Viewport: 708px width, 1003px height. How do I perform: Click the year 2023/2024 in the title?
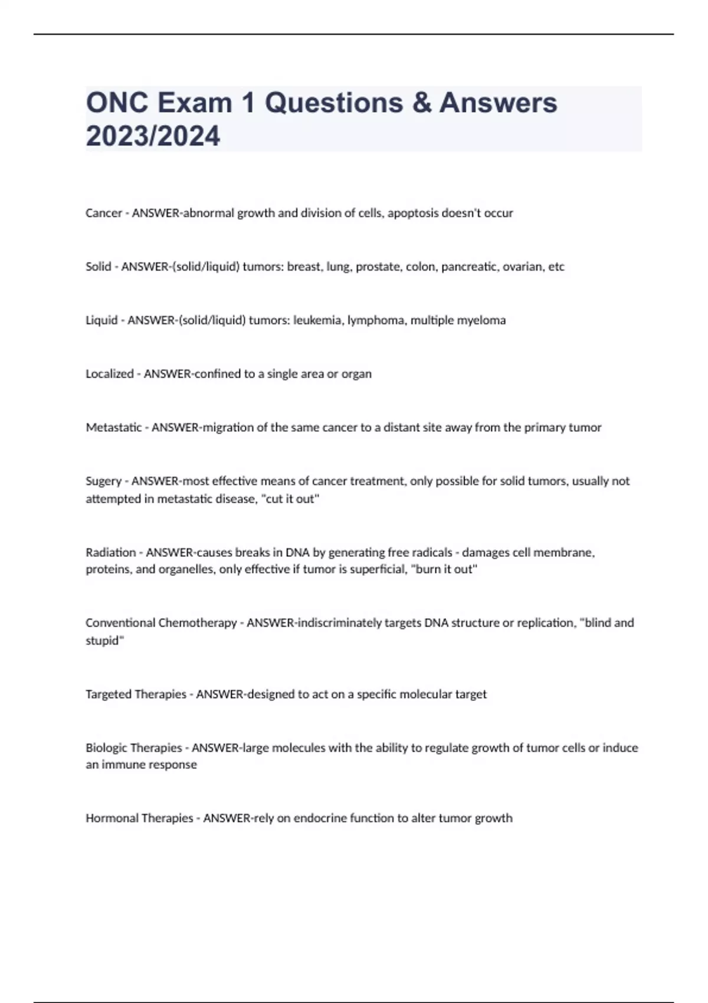(x=153, y=136)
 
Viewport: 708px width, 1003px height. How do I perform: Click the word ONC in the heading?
(x=117, y=103)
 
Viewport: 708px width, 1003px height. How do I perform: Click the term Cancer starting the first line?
(x=104, y=213)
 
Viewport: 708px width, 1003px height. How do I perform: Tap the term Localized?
(x=110, y=374)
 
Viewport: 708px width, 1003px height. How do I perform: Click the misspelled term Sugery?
(x=104, y=481)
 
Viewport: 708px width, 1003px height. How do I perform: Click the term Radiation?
(x=111, y=553)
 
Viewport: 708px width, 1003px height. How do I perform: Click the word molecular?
(x=425, y=694)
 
